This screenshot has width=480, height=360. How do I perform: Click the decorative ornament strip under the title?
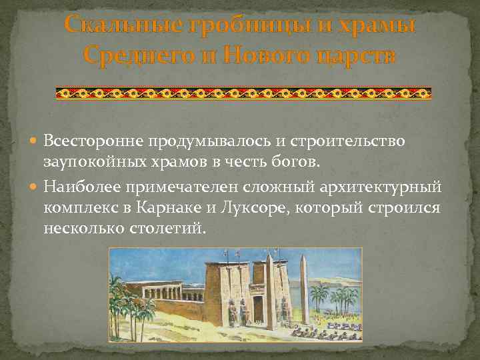(243, 93)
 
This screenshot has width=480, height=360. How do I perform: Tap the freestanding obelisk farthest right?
(304, 287)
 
